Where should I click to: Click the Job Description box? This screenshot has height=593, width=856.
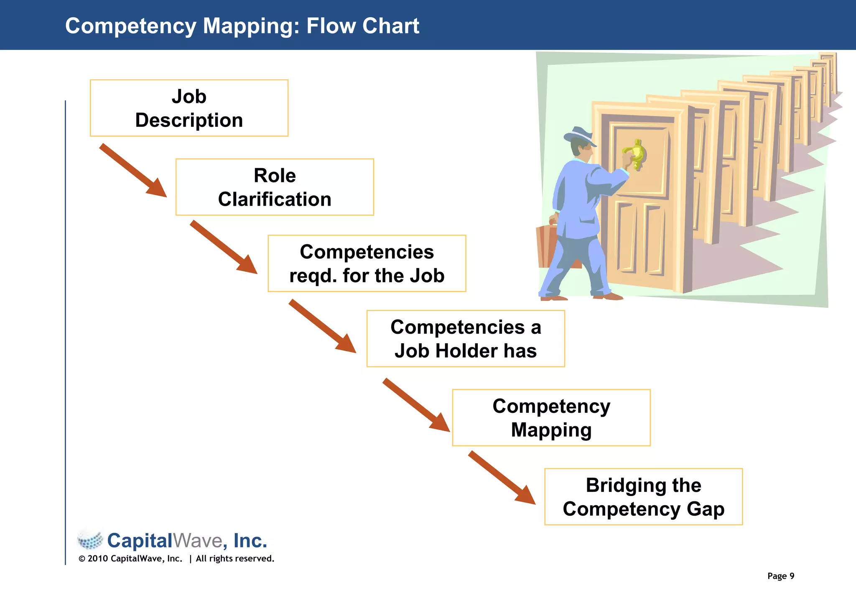[189, 108]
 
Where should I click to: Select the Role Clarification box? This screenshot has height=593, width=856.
[275, 187]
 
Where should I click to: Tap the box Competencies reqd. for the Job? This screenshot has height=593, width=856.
[367, 263]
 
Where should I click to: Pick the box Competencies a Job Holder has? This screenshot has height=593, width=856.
[465, 339]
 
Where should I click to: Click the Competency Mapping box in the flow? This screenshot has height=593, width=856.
[551, 418]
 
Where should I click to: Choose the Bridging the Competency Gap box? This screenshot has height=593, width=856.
[643, 497]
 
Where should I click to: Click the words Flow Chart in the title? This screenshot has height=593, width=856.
[362, 26]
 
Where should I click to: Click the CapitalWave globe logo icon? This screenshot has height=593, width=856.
[90, 540]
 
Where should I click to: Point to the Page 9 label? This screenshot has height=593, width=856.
[780, 576]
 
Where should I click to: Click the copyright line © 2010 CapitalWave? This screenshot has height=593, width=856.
[130, 559]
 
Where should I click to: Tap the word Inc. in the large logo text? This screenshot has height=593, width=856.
[250, 541]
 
